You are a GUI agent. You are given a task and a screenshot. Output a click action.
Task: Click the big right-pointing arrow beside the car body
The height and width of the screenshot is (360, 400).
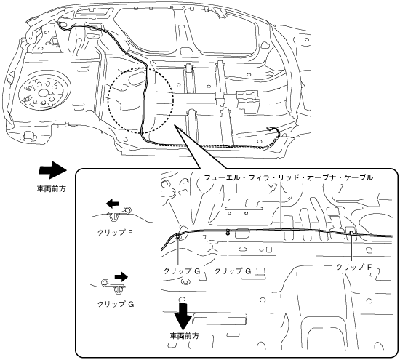tap(52, 170)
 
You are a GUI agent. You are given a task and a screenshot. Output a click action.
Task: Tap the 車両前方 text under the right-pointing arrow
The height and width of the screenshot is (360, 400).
tap(52, 189)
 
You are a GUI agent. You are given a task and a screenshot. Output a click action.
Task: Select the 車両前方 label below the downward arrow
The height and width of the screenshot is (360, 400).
tap(185, 336)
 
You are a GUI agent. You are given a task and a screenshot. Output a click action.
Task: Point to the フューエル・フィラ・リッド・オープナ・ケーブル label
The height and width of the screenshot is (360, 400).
tap(289, 177)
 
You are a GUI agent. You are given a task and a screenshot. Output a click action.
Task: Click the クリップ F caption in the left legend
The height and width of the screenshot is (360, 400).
tap(115, 233)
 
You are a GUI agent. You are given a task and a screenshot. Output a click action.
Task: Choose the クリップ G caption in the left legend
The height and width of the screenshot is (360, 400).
tap(116, 304)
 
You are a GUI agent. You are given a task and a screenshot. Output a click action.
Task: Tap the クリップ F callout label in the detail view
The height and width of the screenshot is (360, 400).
tap(353, 267)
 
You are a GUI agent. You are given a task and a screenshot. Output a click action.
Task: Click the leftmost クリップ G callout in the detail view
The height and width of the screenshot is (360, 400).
tap(182, 271)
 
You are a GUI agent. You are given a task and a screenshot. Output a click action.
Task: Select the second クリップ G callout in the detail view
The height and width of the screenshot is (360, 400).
tap(233, 271)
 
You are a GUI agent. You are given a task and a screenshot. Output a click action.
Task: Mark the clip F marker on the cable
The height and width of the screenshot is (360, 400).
tap(351, 233)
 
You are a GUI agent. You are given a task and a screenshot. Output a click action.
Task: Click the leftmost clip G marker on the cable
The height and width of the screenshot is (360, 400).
tap(177, 236)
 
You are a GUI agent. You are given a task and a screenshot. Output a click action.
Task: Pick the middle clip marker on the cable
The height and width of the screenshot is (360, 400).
tap(228, 232)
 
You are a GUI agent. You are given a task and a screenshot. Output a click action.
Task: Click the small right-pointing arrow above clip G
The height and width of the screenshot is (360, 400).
tap(121, 276)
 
